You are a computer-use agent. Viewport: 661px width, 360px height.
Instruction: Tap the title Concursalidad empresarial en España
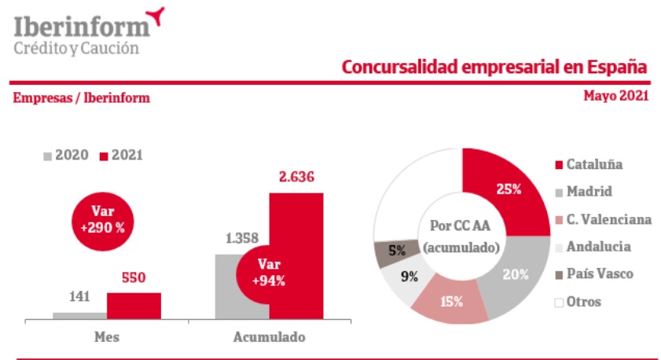tap(494, 67)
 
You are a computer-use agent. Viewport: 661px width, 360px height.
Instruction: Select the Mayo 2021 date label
tap(615, 96)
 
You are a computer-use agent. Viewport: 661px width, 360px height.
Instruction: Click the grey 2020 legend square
tap(47, 156)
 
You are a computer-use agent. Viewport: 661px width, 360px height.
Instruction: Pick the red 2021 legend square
tap(103, 156)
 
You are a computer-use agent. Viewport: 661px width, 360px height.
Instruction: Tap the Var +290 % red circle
tap(102, 219)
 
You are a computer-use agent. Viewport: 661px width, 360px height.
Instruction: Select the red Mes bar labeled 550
tap(134, 306)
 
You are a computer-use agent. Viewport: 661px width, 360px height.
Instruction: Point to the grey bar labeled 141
tap(79, 315)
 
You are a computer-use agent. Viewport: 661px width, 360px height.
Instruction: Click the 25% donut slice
tap(504, 189)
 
